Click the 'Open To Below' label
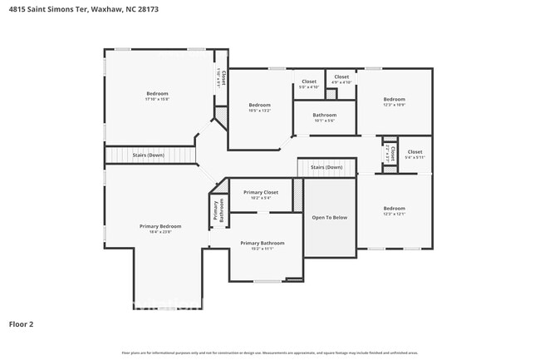329,217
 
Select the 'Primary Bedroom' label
159,225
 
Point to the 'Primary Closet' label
260,192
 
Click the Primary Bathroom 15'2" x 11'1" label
262,243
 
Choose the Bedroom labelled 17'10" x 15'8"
157,93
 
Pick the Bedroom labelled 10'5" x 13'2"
260,105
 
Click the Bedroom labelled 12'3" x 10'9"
394,99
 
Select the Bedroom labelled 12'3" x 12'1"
394,208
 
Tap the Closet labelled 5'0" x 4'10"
308,81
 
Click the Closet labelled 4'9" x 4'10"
341,77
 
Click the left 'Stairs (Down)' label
150,155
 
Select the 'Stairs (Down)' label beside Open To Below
326,167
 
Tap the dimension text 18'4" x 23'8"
159,232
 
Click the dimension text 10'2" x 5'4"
260,198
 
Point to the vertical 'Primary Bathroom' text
217,211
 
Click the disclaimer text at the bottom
270,352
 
